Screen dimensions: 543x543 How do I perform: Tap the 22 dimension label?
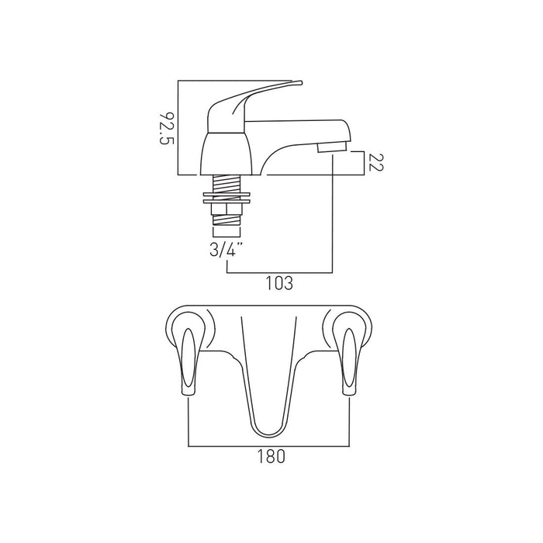pos(376,162)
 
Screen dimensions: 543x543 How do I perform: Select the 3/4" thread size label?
pos(227,249)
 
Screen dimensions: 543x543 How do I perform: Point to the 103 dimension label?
pos(279,283)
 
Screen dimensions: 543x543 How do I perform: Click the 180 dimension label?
pos(271,456)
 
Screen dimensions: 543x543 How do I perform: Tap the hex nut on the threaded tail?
pos(227,209)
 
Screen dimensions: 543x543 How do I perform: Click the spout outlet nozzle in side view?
pos(332,147)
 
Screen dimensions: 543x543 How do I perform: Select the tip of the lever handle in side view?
pos(301,83)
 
